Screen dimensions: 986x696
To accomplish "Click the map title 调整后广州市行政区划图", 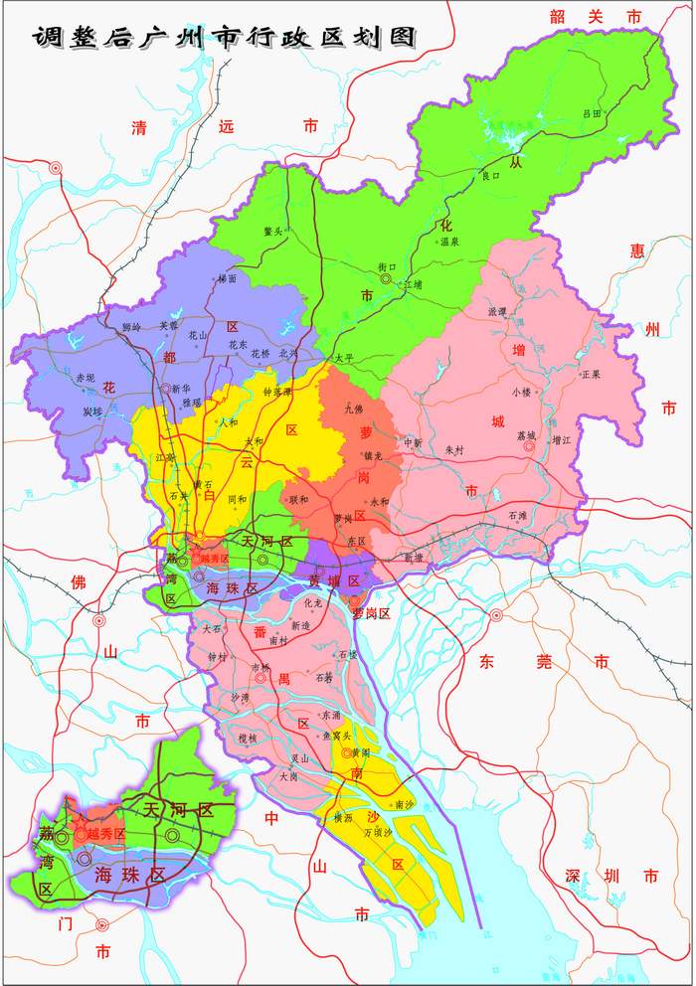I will click(x=223, y=37).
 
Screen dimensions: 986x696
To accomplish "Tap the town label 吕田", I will click(x=592, y=114).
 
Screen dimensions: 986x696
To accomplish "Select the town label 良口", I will click(x=490, y=176).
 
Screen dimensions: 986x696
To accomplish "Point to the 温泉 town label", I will click(x=449, y=242).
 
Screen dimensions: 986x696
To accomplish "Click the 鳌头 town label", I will click(x=273, y=231).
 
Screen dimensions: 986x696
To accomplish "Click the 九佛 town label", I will click(x=353, y=409).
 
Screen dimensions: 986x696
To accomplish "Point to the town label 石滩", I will click(x=517, y=516).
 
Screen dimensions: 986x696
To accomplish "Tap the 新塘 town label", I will click(x=413, y=558).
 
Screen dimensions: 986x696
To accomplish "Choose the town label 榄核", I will click(x=247, y=739).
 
